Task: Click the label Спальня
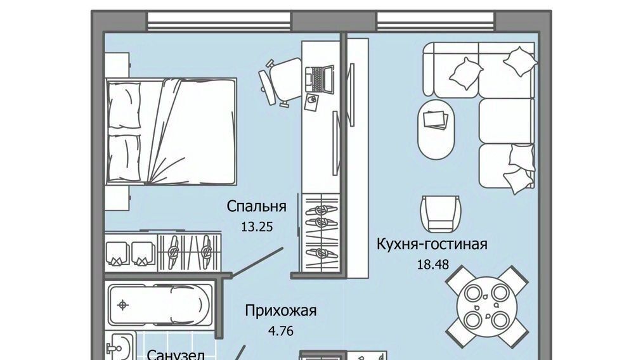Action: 256,206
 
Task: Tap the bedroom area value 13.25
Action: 257,227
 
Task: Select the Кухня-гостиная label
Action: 432,245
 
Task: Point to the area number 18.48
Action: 433,264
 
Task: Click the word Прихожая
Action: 281,311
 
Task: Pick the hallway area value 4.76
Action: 280,330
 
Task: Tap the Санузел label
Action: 176,354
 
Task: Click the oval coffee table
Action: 436,129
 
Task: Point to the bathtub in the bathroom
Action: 161,305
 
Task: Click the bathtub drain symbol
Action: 122,305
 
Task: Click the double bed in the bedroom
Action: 171,131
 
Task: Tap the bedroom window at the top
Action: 219,20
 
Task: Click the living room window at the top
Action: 436,20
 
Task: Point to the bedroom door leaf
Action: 257,262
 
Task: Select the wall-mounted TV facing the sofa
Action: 351,94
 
